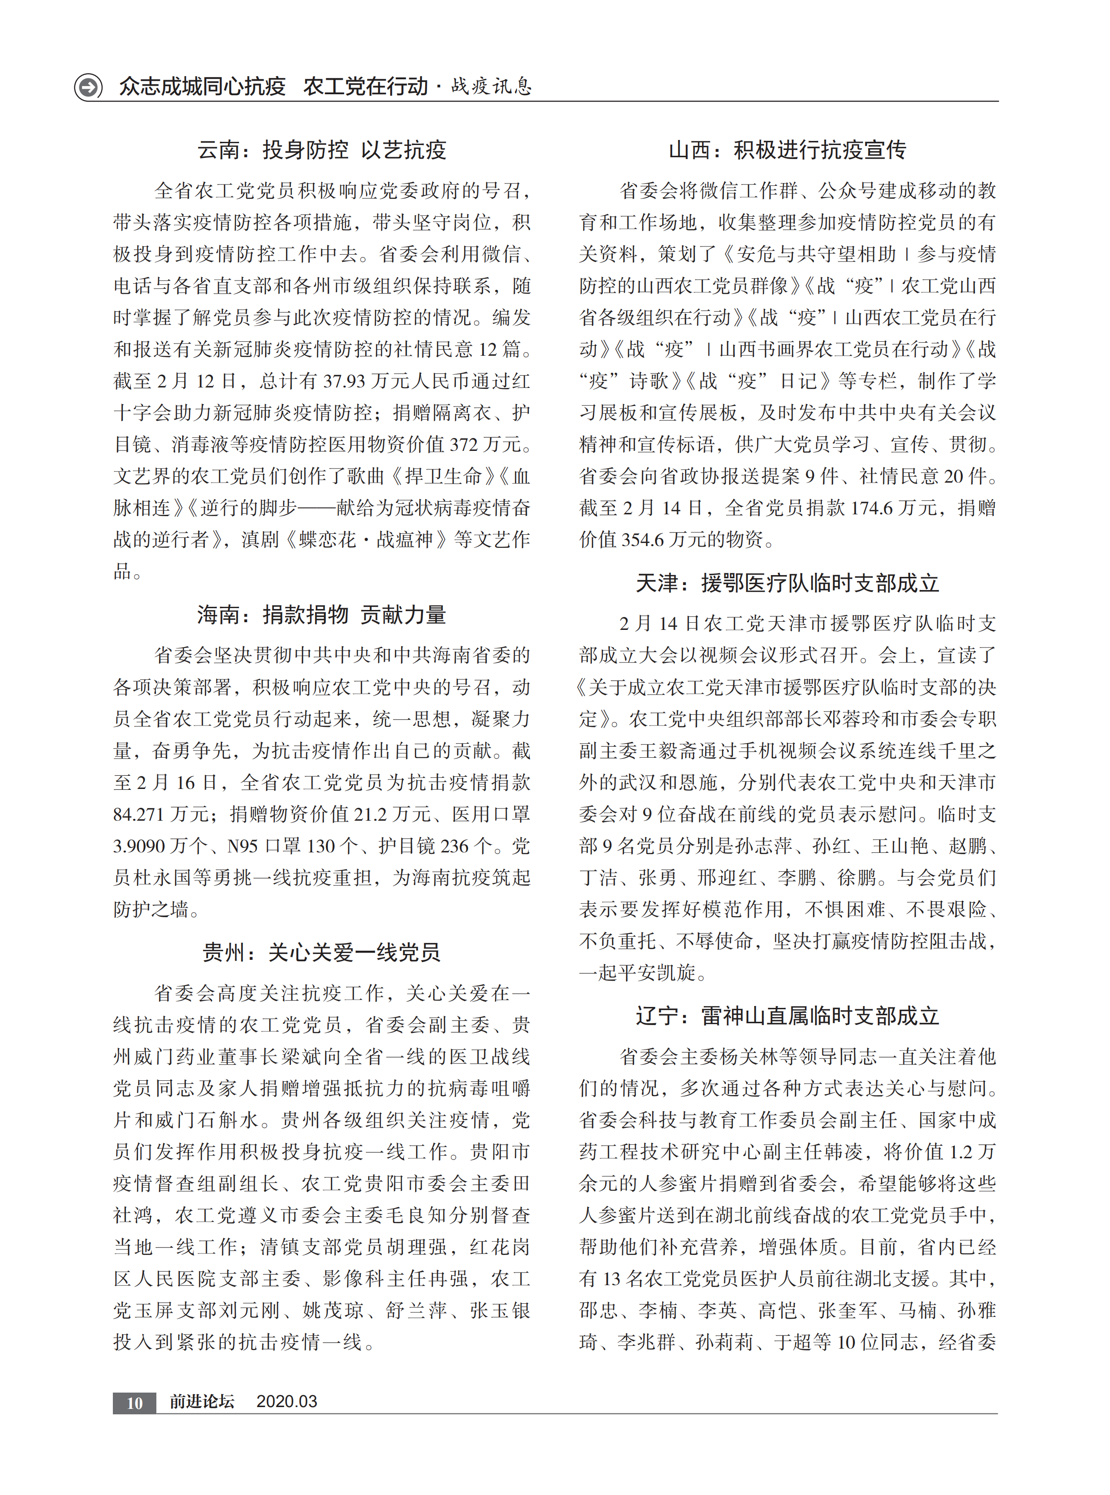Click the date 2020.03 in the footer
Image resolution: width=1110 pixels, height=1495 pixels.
point(287,1401)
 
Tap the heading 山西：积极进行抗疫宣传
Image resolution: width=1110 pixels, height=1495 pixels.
point(787,150)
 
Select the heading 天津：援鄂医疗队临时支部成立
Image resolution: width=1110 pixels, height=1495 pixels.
point(787,583)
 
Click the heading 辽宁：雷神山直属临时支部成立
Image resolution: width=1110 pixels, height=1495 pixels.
point(787,1016)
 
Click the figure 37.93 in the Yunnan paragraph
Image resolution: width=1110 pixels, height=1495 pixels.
point(344,382)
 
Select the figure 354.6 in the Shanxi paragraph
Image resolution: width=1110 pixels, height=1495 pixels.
point(644,540)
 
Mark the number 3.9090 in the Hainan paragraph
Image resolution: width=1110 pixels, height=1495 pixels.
point(141,846)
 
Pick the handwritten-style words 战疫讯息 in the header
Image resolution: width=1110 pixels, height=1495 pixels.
point(491,87)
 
